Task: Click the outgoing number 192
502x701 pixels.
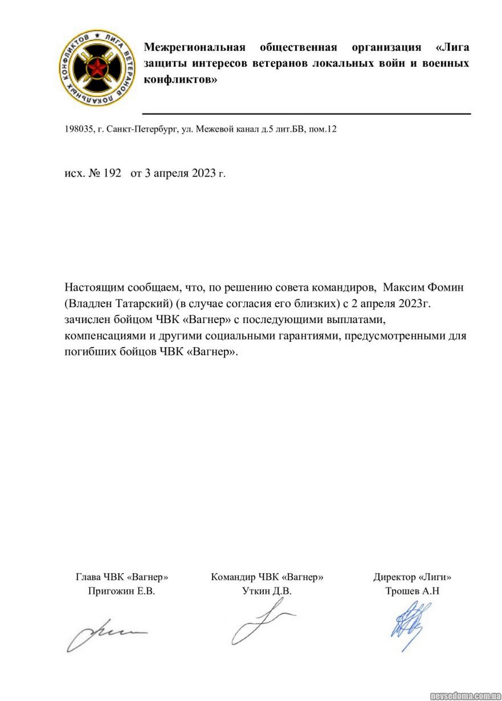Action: (112, 174)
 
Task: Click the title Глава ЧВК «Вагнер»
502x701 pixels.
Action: (122, 577)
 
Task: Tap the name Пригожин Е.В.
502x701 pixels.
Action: (122, 591)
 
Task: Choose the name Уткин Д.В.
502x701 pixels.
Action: (267, 591)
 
